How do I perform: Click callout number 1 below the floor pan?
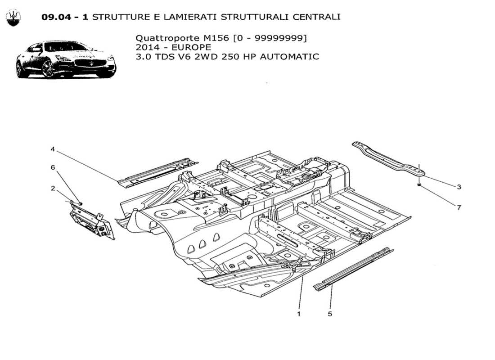[x=299, y=314]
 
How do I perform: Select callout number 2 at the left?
[x=53, y=189]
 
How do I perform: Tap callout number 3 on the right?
[x=458, y=186]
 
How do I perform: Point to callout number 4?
[x=53, y=149]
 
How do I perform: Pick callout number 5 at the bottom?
[x=330, y=314]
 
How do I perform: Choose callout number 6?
[x=53, y=167]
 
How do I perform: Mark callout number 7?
[x=458, y=207]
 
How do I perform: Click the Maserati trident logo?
[x=13, y=18]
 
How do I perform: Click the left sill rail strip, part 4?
[x=157, y=171]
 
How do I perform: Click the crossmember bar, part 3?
[x=387, y=157]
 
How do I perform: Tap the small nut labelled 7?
[x=419, y=184]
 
